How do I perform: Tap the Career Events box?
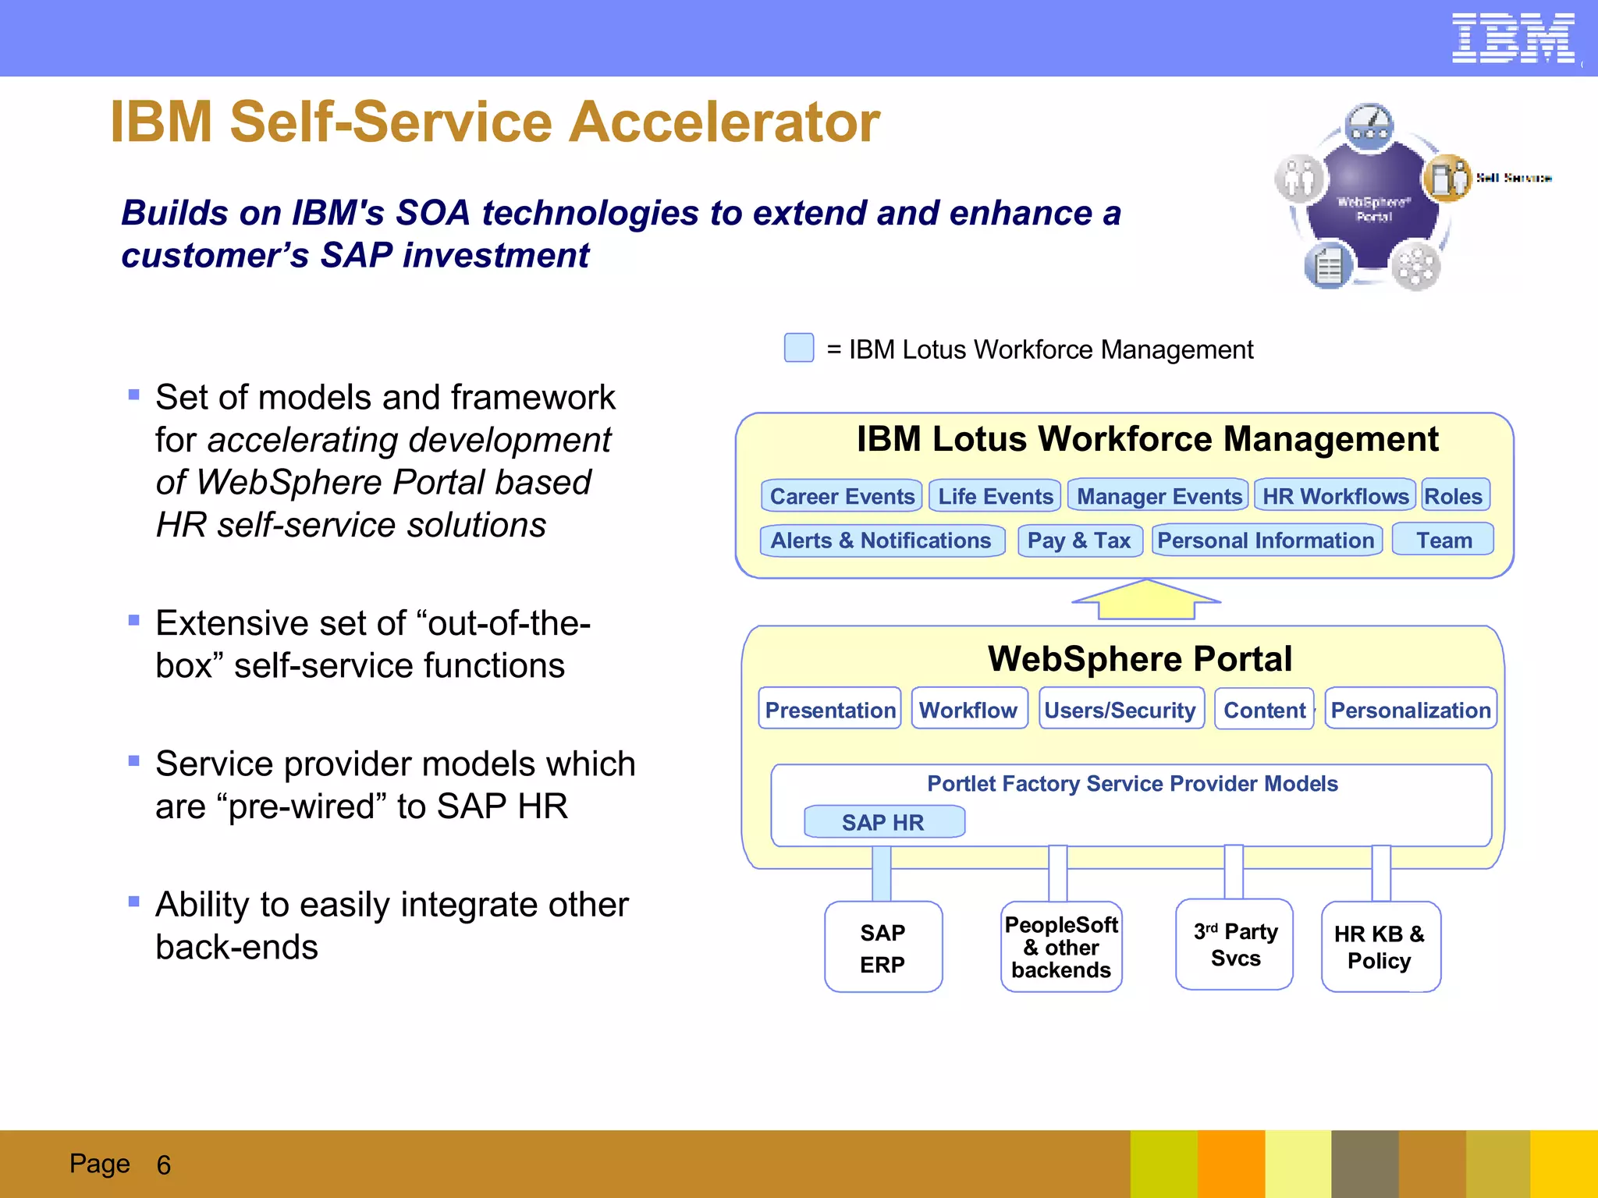pos(841,496)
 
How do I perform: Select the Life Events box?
pos(995,496)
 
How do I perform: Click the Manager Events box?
pos(1159,496)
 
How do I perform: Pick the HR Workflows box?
pos(1335,495)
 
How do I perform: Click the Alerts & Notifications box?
pos(882,541)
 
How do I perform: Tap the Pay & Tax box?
pos(1080,541)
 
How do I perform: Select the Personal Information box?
pos(1266,540)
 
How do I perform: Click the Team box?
pos(1444,540)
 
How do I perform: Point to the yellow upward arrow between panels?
pos(1145,601)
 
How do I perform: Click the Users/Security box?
pos(1120,709)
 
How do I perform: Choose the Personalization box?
pos(1411,709)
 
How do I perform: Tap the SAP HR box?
pos(884,822)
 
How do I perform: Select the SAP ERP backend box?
pos(883,948)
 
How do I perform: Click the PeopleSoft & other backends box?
pos(1061,947)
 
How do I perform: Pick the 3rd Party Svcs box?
pos(1235,945)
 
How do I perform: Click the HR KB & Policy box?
pos(1380,947)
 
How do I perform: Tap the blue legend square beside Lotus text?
pos(799,348)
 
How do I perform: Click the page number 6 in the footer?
pos(163,1165)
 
